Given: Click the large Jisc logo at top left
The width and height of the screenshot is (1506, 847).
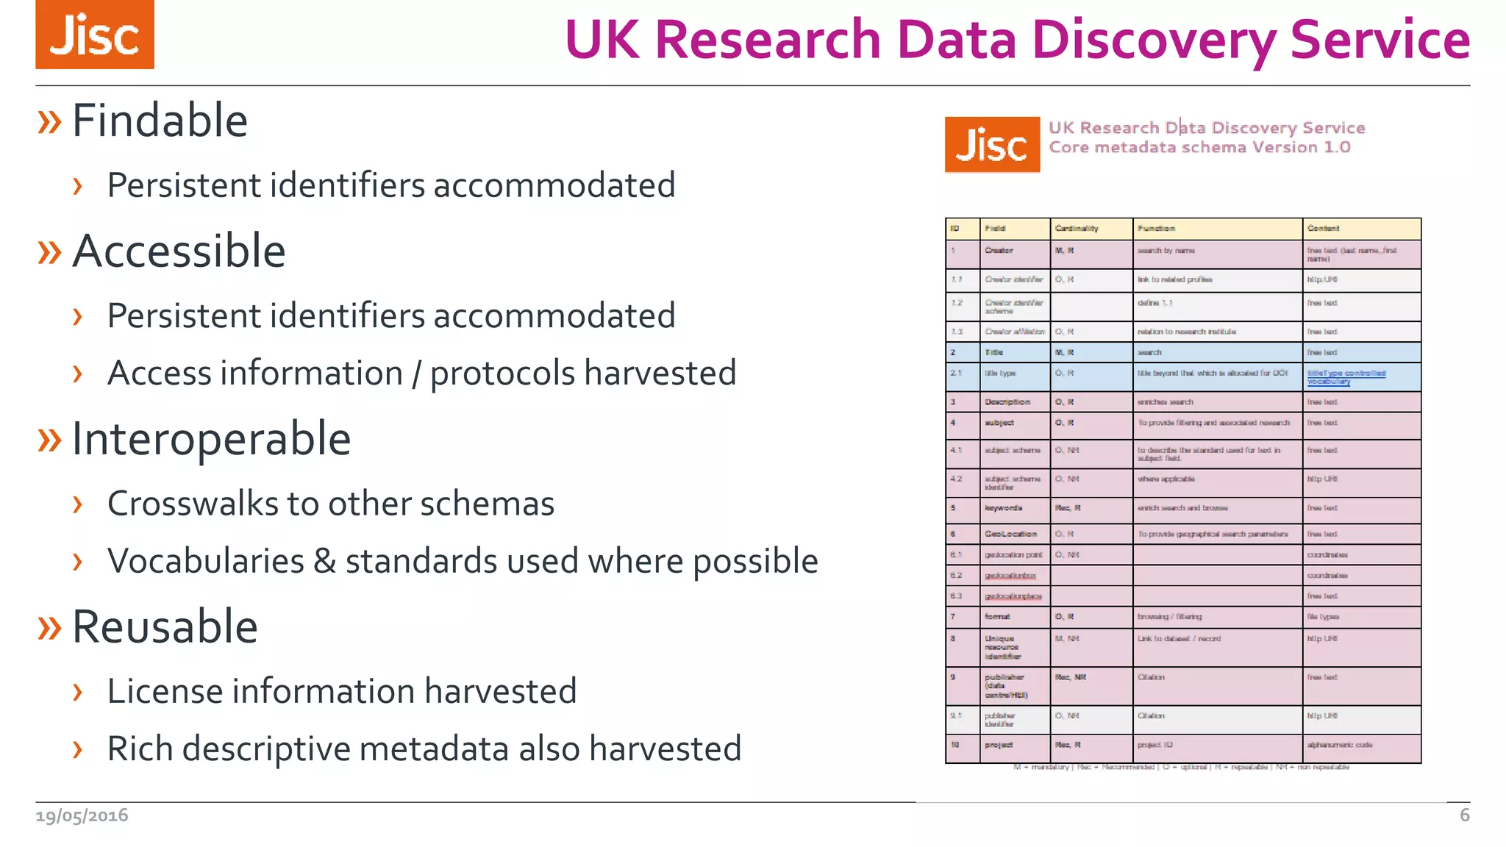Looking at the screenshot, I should [x=95, y=35].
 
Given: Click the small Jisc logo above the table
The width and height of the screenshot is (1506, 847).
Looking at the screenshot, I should [x=992, y=145].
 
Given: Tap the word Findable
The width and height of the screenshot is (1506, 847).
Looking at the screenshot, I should [x=160, y=121].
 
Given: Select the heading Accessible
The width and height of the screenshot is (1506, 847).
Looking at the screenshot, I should [x=179, y=251].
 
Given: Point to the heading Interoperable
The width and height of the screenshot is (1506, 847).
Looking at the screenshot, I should [x=211, y=439].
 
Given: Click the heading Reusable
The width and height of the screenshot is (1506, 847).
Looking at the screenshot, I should [x=165, y=626].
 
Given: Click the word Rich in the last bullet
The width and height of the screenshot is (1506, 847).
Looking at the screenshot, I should [x=140, y=748].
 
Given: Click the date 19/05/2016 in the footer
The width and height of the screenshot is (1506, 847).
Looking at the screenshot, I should [x=82, y=815].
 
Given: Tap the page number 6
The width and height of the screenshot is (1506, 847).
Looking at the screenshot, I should [x=1464, y=815].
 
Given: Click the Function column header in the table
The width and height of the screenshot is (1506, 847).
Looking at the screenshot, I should [x=1156, y=229].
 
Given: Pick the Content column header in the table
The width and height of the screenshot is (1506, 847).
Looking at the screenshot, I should [x=1323, y=229].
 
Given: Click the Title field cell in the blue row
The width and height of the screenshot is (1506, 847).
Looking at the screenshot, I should [x=994, y=352].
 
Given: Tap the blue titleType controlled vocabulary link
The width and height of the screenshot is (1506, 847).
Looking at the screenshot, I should [x=1346, y=376].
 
